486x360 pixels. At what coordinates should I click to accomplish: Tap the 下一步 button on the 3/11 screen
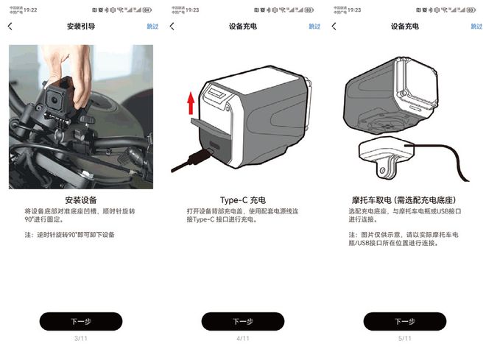pyautogui.click(x=80, y=321)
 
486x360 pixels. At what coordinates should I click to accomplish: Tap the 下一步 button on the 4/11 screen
pyautogui.click(x=242, y=321)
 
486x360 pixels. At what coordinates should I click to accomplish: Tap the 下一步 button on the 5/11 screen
pyautogui.click(x=404, y=321)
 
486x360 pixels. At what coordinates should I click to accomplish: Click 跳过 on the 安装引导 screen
pyautogui.click(x=152, y=27)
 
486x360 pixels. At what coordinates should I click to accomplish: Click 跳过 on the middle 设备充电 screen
pyautogui.click(x=314, y=27)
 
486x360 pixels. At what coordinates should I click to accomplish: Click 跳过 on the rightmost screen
pyautogui.click(x=476, y=27)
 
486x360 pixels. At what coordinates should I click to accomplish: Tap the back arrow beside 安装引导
pyautogui.click(x=10, y=27)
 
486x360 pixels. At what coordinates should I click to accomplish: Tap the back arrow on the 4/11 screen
pyautogui.click(x=172, y=27)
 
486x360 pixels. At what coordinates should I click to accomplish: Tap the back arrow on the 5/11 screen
pyautogui.click(x=334, y=27)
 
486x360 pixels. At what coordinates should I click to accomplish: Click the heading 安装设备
pyautogui.click(x=81, y=200)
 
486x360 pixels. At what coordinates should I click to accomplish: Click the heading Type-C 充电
pyautogui.click(x=242, y=200)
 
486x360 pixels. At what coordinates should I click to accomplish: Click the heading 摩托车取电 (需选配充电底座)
pyautogui.click(x=404, y=200)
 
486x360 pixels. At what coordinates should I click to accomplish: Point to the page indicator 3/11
pyautogui.click(x=80, y=338)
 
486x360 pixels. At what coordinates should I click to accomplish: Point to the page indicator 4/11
pyautogui.click(x=242, y=338)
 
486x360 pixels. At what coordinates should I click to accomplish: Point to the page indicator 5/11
pyautogui.click(x=404, y=338)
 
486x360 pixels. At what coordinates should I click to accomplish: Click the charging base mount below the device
pyautogui.click(x=388, y=155)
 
